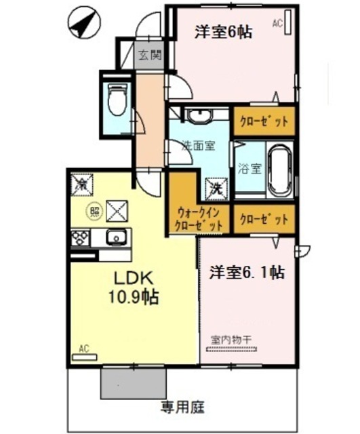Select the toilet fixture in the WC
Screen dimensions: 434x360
[x=117, y=98]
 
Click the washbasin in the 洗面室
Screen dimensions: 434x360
[x=199, y=117]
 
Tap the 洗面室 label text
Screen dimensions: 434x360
[x=197, y=144]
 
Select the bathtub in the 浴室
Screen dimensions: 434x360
[x=279, y=169]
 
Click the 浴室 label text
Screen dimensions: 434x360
[x=249, y=169]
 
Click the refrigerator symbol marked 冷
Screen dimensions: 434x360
[x=82, y=183]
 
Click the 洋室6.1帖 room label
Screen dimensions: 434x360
[x=245, y=272]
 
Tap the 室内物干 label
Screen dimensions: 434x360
[x=231, y=339]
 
